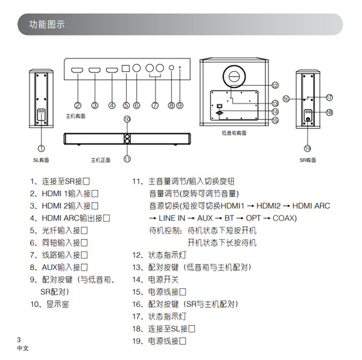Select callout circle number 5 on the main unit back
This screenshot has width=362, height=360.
point(125,105)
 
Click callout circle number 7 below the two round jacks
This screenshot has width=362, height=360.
point(155,105)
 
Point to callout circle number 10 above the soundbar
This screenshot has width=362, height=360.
point(127,119)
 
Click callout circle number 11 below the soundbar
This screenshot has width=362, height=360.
point(127,159)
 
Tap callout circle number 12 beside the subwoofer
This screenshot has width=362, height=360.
point(275,85)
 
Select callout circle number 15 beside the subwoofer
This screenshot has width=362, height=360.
point(275,120)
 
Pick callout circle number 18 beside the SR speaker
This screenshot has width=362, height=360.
point(329,112)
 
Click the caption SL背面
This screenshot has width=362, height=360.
point(40,160)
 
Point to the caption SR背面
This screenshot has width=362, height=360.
point(308,160)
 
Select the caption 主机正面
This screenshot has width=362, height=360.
point(101,160)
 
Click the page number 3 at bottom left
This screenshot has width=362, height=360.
point(19,339)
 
